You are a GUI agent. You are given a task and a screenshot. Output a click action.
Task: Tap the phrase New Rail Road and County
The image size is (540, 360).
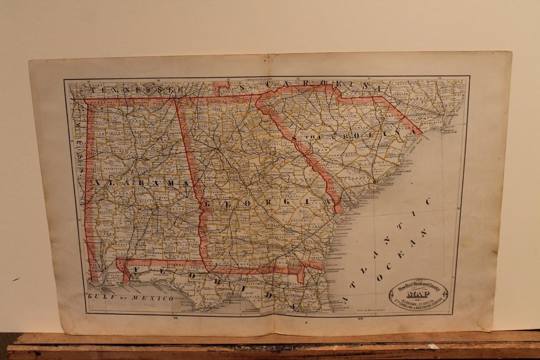coord(418,286)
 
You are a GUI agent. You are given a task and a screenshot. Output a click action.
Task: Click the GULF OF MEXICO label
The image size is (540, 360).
coord(130,298)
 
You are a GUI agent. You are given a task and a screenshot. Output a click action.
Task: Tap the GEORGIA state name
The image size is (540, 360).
coord(260,202)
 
